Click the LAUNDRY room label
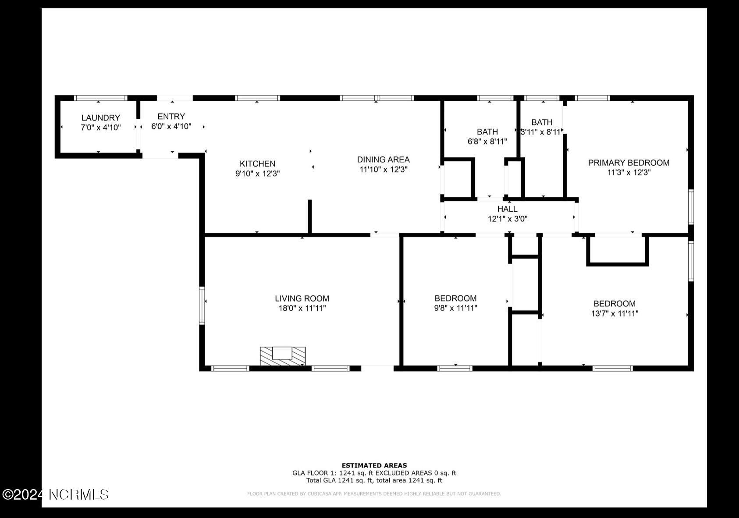(100, 117)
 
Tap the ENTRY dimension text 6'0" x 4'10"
(171, 127)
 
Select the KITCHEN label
(257, 163)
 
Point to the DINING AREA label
(383, 160)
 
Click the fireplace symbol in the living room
(282, 356)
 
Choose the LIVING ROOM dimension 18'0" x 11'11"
(302, 308)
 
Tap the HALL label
(507, 209)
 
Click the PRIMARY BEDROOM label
(629, 163)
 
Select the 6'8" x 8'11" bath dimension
(487, 142)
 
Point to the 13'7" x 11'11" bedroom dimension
(615, 313)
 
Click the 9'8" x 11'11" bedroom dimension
(455, 308)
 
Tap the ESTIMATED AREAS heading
(374, 465)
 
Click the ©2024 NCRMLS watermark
(55, 495)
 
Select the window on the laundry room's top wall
(100, 98)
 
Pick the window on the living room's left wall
(202, 305)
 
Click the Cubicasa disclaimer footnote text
(374, 494)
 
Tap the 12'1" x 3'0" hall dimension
(507, 219)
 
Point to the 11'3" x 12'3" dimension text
(629, 173)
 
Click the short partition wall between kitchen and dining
(309, 217)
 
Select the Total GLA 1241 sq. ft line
(374, 480)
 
